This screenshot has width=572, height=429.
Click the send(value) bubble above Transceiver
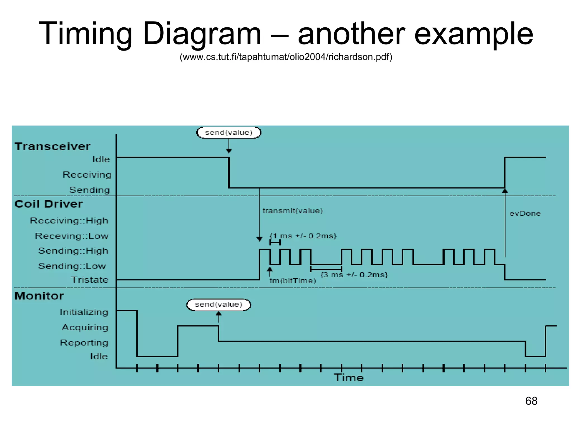(229, 133)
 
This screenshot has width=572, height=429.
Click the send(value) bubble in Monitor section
(218, 304)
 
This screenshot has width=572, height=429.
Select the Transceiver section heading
(53, 147)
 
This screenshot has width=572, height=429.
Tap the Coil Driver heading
(49, 204)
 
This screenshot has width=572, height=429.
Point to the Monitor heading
(39, 296)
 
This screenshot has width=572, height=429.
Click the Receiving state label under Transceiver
(87, 175)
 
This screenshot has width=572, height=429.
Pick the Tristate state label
(90, 280)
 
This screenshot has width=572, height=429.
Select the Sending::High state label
(73, 251)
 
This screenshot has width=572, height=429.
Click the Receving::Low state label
(72, 236)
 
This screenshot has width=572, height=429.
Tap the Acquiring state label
(85, 327)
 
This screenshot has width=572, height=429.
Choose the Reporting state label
(84, 342)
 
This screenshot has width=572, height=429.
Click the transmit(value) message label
(292, 211)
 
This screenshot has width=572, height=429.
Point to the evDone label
(525, 213)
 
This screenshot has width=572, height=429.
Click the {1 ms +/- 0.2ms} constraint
(303, 236)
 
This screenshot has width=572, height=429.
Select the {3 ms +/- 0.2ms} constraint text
(354, 275)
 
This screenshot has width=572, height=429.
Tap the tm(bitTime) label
(293, 281)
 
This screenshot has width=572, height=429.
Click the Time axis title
(349, 378)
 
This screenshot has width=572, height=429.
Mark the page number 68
(531, 401)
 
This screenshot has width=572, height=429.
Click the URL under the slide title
(286, 57)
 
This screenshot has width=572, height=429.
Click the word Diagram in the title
(202, 34)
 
